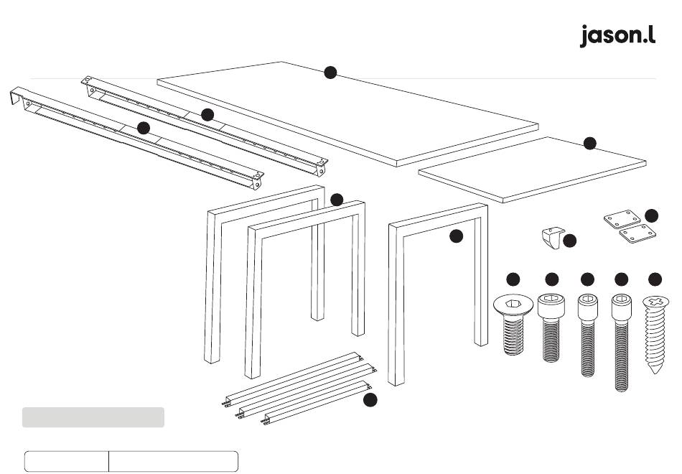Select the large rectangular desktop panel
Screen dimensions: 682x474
click(348, 114)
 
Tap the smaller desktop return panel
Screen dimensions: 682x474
click(532, 169)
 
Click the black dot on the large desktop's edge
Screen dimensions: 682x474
click(330, 73)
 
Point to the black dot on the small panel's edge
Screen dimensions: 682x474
click(590, 143)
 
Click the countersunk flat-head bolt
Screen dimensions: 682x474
click(513, 325)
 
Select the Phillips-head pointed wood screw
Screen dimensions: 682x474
click(655, 334)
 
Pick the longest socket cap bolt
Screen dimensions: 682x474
click(622, 343)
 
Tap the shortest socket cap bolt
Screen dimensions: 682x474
click(551, 327)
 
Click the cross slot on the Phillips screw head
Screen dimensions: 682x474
click(656, 301)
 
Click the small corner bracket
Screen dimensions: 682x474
click(553, 238)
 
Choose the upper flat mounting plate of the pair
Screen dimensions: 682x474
click(622, 219)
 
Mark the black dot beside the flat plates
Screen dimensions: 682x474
click(651, 215)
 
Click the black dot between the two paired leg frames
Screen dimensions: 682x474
click(337, 200)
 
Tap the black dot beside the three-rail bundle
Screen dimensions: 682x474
click(370, 399)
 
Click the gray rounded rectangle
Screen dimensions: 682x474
click(93, 417)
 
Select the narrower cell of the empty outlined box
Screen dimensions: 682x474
click(67, 461)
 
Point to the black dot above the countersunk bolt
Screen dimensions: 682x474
click(513, 279)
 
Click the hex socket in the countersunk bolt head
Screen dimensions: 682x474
click(514, 302)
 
